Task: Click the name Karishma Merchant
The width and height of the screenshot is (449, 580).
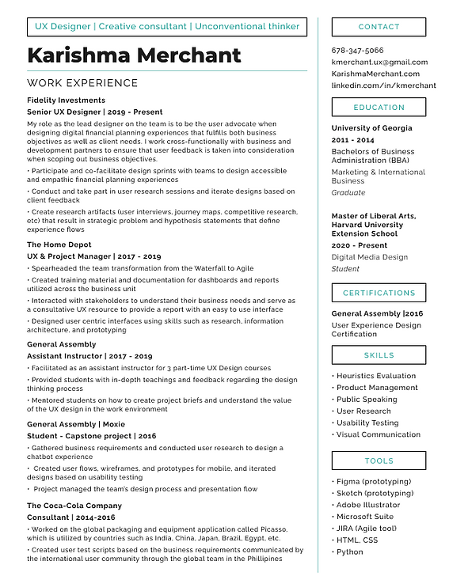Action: click(134, 55)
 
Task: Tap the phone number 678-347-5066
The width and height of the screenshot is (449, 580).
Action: click(358, 50)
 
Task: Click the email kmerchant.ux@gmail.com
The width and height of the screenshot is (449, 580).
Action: click(379, 62)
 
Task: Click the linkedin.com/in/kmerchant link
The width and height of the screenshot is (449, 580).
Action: click(383, 85)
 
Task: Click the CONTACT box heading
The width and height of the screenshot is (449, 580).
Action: click(379, 27)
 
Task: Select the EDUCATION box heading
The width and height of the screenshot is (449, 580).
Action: click(379, 108)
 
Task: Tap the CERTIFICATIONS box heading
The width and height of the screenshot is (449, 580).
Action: click(379, 294)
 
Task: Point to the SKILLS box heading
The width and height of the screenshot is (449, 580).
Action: click(379, 356)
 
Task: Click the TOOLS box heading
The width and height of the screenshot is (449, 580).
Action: click(379, 461)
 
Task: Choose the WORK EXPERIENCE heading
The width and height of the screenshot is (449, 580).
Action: click(82, 83)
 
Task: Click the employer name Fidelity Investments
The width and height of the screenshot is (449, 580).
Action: click(66, 100)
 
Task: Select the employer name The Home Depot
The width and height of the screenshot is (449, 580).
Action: click(59, 245)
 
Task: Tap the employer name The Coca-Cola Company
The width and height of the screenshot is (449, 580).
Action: click(74, 506)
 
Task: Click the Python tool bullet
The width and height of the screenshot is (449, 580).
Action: click(349, 552)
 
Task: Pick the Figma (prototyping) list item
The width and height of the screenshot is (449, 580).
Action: click(373, 482)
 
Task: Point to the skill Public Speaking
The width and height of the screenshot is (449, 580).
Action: click(367, 400)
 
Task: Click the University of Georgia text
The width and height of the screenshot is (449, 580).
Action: click(371, 128)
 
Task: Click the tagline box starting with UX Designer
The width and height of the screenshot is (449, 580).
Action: click(167, 27)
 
